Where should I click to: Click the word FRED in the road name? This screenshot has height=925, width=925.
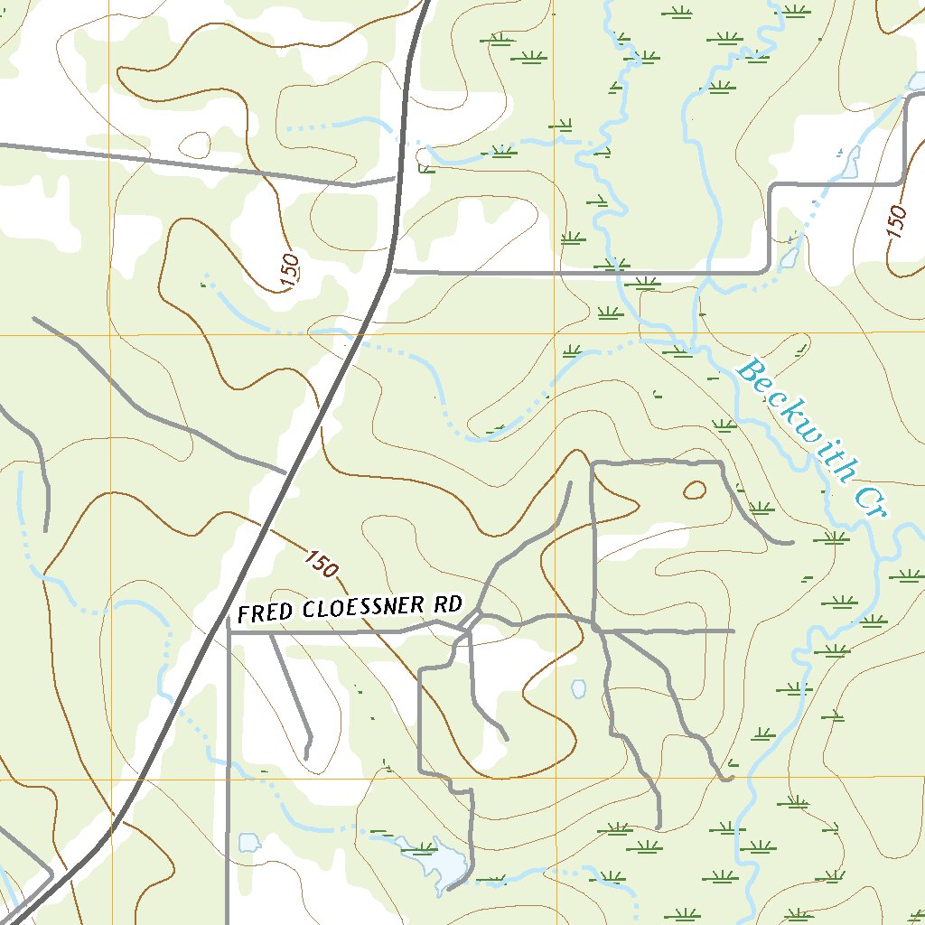(265, 612)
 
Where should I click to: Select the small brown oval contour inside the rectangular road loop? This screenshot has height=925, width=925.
(695, 491)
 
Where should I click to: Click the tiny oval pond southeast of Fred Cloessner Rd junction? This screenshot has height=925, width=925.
(578, 689)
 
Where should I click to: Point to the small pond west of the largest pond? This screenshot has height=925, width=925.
(249, 843)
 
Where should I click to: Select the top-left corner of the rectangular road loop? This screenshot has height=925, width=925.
(592, 463)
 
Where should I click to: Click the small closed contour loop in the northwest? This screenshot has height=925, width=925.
(196, 144)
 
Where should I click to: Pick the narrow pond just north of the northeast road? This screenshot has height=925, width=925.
(850, 162)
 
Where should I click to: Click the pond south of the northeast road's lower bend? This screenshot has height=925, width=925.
(788, 258)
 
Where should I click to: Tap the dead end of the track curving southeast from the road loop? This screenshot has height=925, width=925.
(791, 543)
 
